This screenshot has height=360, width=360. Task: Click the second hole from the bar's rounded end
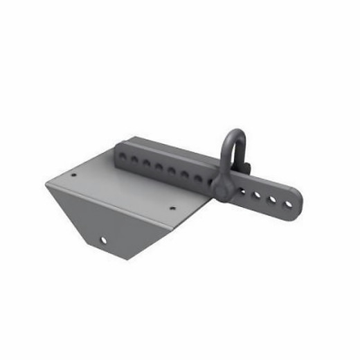pyautogui.click(x=271, y=199)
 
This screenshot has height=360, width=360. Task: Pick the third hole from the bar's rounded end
pyautogui.click(x=257, y=195)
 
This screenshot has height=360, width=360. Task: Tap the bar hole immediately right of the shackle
pyautogui.click(x=243, y=191)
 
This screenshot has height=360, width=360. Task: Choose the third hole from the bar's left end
pyautogui.click(x=147, y=163)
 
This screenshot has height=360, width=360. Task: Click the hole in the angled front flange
pyautogui.click(x=104, y=240)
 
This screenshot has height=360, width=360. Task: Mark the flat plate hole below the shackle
pyautogui.click(x=173, y=206)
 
